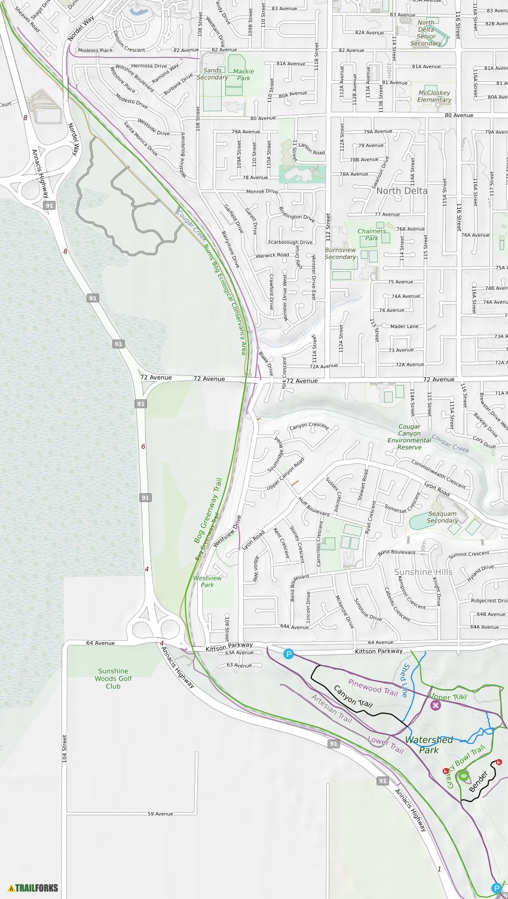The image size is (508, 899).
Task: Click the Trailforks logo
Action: (x=33, y=888)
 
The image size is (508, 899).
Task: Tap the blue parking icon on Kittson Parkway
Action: (x=289, y=655)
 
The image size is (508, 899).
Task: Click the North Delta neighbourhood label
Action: (x=402, y=191)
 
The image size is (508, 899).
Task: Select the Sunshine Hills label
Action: (x=423, y=572)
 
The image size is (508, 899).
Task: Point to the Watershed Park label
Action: (x=429, y=745)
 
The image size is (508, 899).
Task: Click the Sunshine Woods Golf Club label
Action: (x=113, y=678)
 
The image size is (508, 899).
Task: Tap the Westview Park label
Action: (x=207, y=581)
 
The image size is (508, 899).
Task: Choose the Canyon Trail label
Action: (x=353, y=696)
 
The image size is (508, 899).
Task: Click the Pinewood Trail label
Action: (x=373, y=687)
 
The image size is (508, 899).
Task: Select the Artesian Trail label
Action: (x=332, y=708)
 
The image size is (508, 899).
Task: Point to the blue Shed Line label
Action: (x=406, y=680)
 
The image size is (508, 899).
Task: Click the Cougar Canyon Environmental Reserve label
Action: (x=409, y=437)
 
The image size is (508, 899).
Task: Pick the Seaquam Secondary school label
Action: (x=442, y=517)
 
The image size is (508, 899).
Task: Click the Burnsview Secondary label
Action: (x=341, y=253)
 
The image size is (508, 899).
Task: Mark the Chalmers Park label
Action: (x=372, y=234)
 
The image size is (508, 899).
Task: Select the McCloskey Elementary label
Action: (x=434, y=96)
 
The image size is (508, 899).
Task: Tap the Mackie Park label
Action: (x=244, y=75)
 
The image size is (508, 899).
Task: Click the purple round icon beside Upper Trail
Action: (x=435, y=705)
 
